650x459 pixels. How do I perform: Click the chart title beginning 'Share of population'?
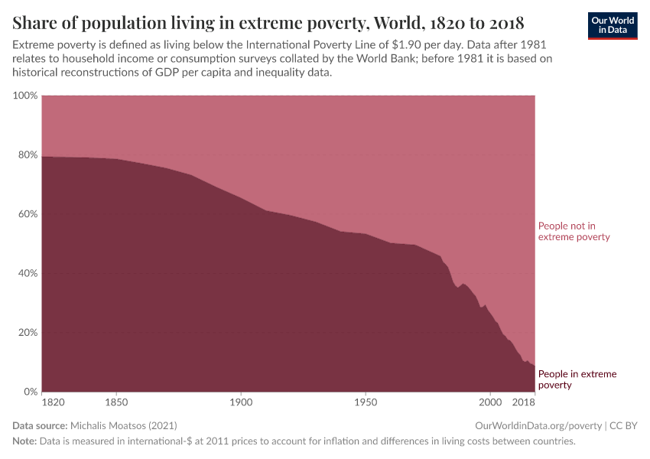[268, 21]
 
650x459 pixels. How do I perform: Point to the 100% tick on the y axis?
[24, 96]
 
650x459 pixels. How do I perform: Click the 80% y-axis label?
[27, 155]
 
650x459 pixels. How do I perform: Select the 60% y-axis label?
[27, 214]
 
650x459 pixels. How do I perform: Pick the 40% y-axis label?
[27, 273]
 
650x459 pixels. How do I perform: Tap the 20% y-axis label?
[27, 333]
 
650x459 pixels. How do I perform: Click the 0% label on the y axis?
[30, 392]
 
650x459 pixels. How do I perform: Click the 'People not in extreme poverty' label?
[574, 231]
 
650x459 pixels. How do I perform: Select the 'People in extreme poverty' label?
[577, 379]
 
